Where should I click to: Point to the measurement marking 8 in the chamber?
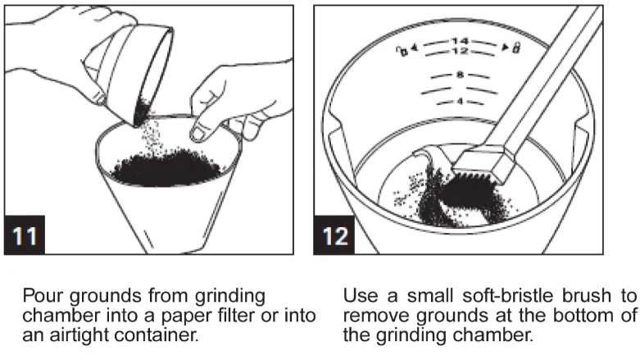[460, 75]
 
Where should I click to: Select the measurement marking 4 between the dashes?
[460, 102]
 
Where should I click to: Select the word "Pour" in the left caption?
[41, 295]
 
